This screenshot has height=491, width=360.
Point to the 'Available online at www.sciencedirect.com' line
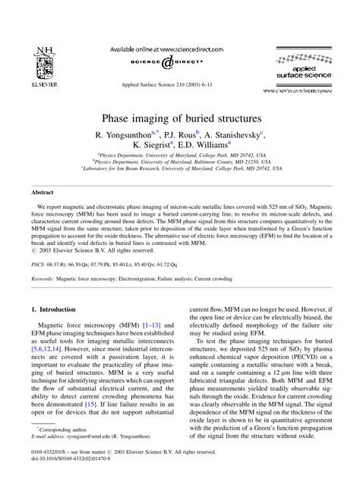point(179,47)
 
